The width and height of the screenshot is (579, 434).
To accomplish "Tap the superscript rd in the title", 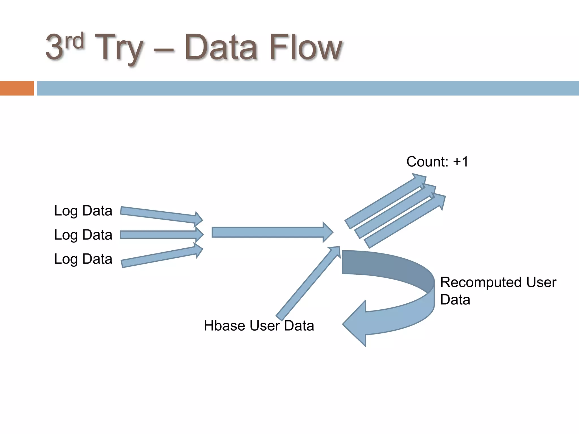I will (74, 41).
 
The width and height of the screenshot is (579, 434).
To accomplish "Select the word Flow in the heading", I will (306, 47).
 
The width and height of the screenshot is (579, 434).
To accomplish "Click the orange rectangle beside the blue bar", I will (17, 88).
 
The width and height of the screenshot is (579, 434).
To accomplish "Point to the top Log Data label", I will (83, 211).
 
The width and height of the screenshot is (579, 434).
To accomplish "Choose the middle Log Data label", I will (83, 235).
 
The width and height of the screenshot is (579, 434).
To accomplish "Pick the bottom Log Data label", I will (83, 259).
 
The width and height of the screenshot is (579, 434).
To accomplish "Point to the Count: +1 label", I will (437, 162).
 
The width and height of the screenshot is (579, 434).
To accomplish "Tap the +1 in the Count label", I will (460, 162).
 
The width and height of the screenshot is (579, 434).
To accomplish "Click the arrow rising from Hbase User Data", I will (308, 283).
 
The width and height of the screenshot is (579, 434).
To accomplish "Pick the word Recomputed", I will (478, 282).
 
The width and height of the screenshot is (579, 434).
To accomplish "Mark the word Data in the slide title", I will (221, 47).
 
